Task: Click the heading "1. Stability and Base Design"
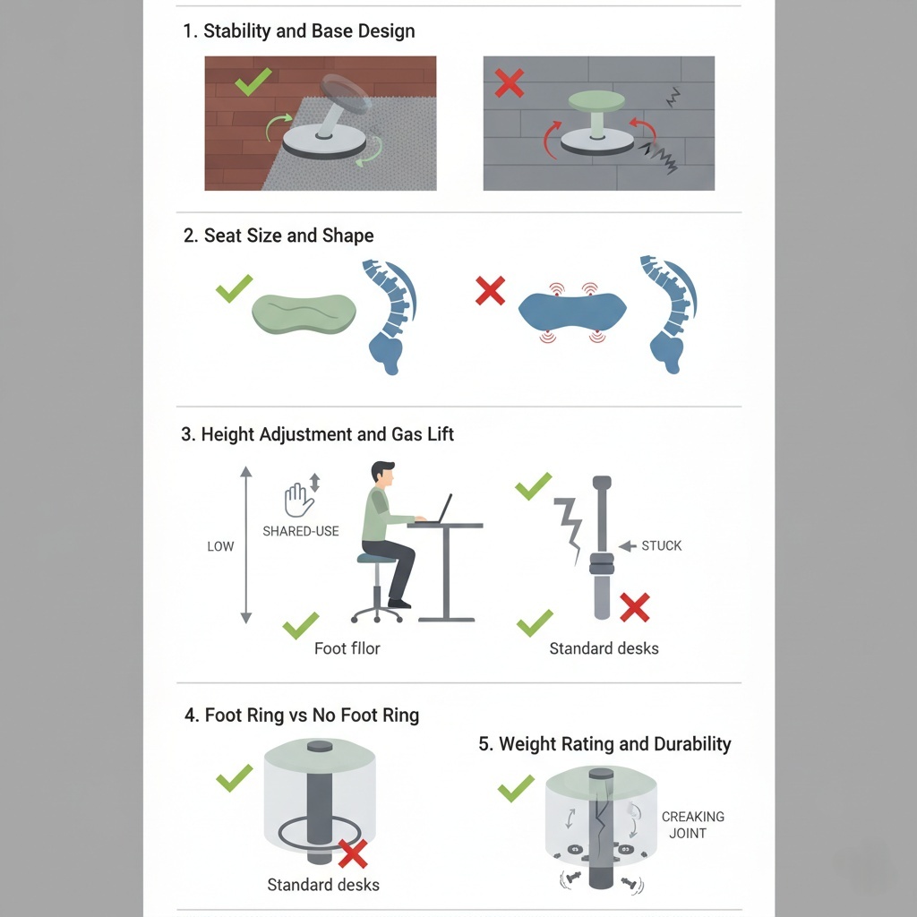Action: [299, 31]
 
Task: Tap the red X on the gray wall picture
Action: [510, 82]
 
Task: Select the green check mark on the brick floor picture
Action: [253, 81]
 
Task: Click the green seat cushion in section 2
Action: [304, 314]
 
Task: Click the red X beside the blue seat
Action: [490, 291]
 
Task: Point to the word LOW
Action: [220, 546]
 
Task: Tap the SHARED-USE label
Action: [301, 531]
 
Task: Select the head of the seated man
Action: [383, 475]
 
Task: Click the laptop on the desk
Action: [439, 510]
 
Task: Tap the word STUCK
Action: [662, 545]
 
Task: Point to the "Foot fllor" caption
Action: [347, 648]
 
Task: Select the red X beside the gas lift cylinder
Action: [635, 608]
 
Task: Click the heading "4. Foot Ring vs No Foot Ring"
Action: [302, 716]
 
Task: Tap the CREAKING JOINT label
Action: [692, 825]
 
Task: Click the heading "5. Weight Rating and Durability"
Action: [604, 744]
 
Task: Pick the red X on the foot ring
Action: [353, 853]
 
